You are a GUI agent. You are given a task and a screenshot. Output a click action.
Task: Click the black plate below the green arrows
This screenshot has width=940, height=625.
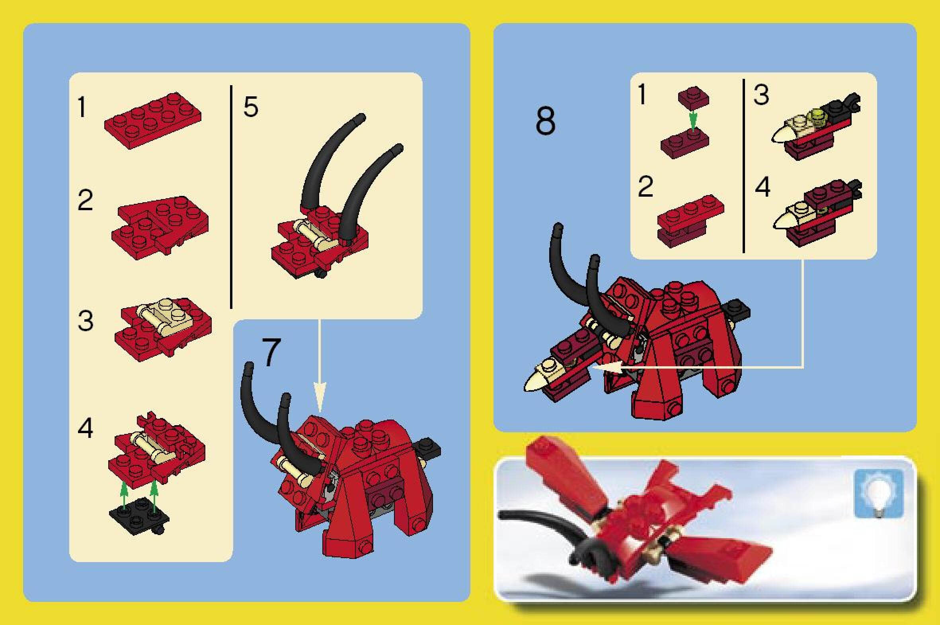click(x=140, y=518)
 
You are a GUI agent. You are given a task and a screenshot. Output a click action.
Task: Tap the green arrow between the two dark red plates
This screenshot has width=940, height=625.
click(x=693, y=121)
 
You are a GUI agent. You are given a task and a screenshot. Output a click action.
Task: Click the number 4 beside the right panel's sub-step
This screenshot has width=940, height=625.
click(x=763, y=187)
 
